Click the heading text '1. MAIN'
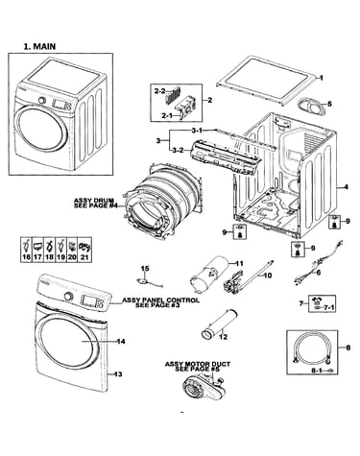click(39, 46)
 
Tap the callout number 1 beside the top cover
click(322, 78)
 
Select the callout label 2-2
click(159, 91)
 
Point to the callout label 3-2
click(179, 150)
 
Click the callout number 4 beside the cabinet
click(346, 187)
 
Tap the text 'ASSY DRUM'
click(94, 201)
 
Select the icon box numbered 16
click(27, 250)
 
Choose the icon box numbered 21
click(85, 250)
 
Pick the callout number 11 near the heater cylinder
click(239, 264)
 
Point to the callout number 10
click(268, 276)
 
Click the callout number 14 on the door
click(121, 342)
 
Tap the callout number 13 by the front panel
click(118, 374)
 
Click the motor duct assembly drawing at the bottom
click(203, 389)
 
